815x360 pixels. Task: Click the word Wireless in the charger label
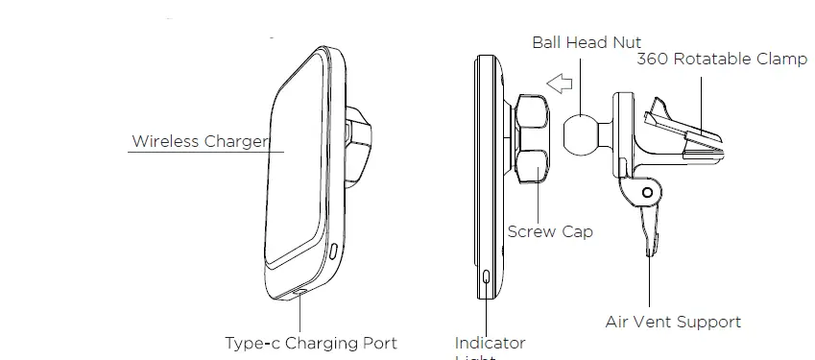pyautogui.click(x=165, y=142)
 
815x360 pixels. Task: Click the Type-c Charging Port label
pyautogui.click(x=310, y=343)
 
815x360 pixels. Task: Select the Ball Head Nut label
pyautogui.click(x=587, y=42)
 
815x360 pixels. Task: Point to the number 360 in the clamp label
pyautogui.click(x=655, y=60)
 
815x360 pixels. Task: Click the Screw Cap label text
pyautogui.click(x=550, y=231)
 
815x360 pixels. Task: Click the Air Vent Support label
pyautogui.click(x=673, y=322)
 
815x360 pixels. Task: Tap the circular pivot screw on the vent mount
pyautogui.click(x=647, y=193)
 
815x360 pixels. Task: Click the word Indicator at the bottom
pyautogui.click(x=490, y=343)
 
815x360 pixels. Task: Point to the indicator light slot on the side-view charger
pyautogui.click(x=488, y=277)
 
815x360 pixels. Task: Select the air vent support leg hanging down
pyautogui.click(x=649, y=230)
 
